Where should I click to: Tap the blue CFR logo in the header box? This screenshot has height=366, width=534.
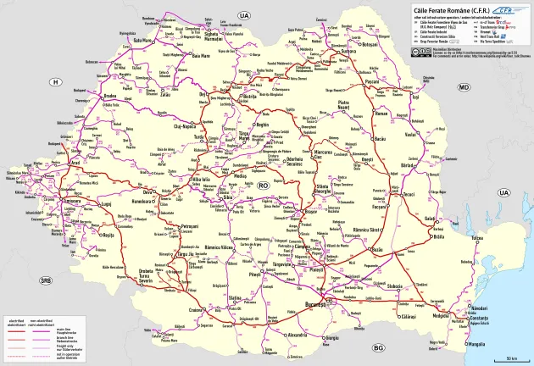pyautogui.click(x=506, y=10)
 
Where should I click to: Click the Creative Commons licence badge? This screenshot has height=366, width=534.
pyautogui.click(x=420, y=52)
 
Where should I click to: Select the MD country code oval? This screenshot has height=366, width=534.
pyautogui.click(x=464, y=88)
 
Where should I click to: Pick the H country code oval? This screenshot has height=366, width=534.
pyautogui.click(x=56, y=82)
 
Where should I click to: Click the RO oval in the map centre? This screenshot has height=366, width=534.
pyautogui.click(x=263, y=184)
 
